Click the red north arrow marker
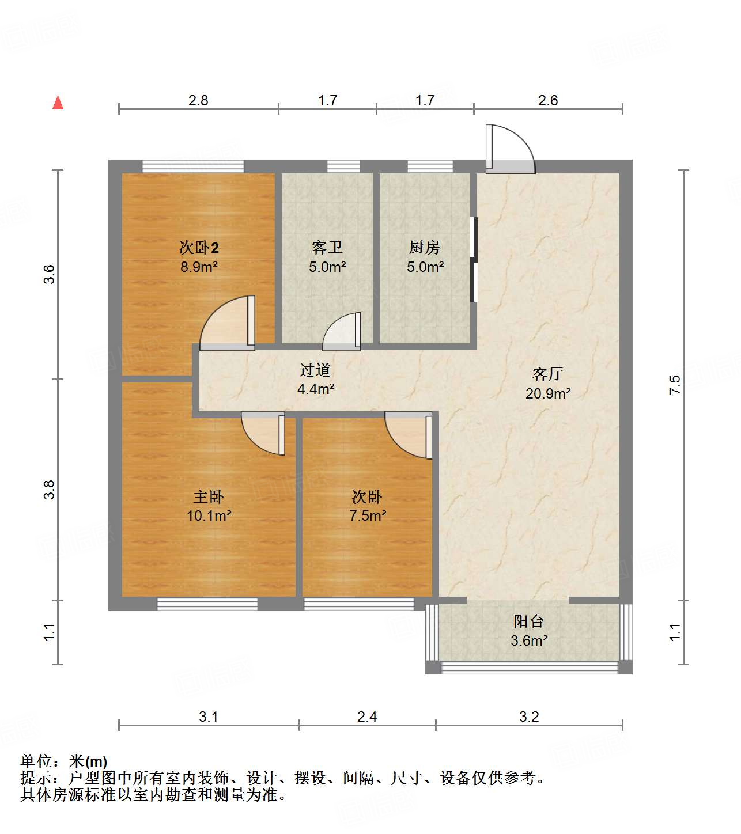(58, 103)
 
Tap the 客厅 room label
(547, 374)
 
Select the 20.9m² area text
(547, 393)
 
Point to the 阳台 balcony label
(528, 621)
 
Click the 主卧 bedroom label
(208, 496)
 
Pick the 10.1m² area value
(209, 515)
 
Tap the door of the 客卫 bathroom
(342, 333)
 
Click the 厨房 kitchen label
(425, 248)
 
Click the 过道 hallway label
(315, 370)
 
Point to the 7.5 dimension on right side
(675, 384)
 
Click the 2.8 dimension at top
(198, 100)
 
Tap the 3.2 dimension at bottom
(529, 717)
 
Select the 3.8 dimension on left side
(50, 490)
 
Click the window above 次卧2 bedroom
(193, 166)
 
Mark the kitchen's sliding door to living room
(474, 259)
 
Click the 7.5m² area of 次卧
(368, 515)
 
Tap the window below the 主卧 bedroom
(207, 604)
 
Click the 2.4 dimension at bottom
(367, 717)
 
